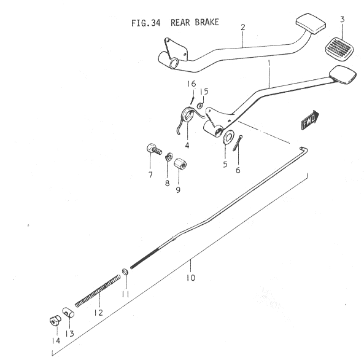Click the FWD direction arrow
coord(310,120)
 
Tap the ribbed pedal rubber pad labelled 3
coord(339,49)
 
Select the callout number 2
coord(243,28)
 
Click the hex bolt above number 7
coord(154,149)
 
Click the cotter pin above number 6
coord(238,143)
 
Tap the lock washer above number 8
coord(169,157)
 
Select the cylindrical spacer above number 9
coord(180,163)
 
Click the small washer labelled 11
coord(125,271)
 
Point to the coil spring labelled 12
coord(98,291)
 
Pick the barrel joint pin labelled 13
coord(68,313)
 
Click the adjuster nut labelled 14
coord(55,321)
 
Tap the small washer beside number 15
coord(199,106)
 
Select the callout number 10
coord(190,278)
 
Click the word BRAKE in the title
coord(207,22)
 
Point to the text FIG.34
coord(146,23)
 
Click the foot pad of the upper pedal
coord(311,24)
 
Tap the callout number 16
coord(192,84)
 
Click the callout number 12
coord(98,313)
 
